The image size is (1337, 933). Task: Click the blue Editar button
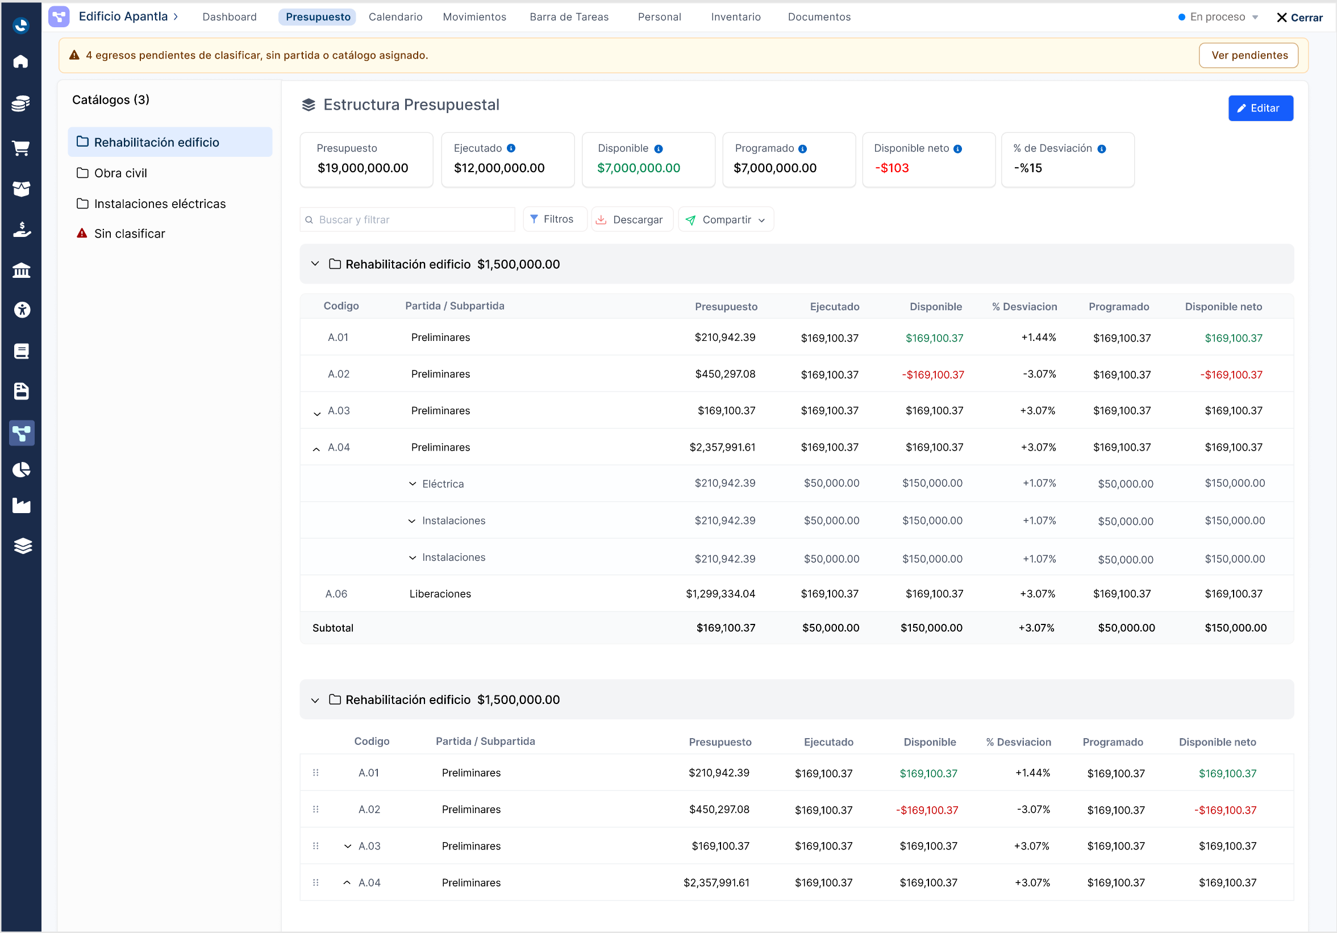(x=1260, y=109)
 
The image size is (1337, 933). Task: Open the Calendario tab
(x=395, y=17)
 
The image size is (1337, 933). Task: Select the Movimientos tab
(x=474, y=17)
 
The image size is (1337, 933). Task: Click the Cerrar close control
(x=1299, y=18)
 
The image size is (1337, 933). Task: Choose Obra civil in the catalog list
(x=120, y=173)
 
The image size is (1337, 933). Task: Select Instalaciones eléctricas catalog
(x=160, y=204)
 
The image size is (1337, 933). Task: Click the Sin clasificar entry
(x=130, y=234)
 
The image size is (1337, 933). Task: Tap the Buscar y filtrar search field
(x=407, y=219)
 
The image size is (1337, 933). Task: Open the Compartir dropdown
(x=726, y=219)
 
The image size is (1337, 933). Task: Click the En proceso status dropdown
(x=1218, y=17)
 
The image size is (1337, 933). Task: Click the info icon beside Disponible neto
(x=958, y=149)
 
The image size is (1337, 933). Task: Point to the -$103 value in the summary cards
(x=892, y=168)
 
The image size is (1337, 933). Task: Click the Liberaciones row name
(x=440, y=593)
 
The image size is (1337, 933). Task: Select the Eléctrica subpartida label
(x=443, y=484)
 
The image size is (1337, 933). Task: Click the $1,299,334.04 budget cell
(x=720, y=593)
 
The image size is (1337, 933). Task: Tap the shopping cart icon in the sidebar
(x=21, y=148)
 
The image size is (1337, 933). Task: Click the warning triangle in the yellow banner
(x=74, y=55)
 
